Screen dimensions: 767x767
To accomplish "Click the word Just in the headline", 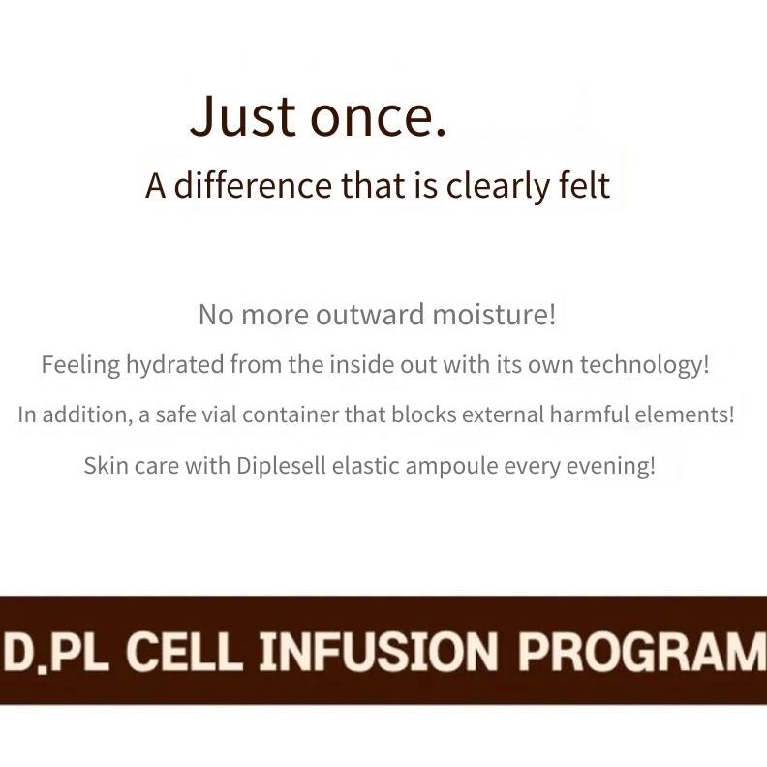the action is (x=243, y=115).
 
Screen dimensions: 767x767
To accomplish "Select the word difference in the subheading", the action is (x=253, y=185).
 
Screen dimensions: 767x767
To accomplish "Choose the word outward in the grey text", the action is (x=370, y=315).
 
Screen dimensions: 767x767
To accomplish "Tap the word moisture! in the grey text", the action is (x=494, y=314).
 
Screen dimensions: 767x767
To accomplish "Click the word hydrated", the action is (x=175, y=365).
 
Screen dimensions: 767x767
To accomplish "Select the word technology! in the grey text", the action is (x=644, y=365).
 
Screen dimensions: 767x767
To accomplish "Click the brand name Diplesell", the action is (x=281, y=466).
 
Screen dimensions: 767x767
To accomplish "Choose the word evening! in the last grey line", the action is (x=610, y=466).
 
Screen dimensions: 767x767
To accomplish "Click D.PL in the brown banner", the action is (x=54, y=652).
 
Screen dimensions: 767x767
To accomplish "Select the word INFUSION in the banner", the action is (x=378, y=652).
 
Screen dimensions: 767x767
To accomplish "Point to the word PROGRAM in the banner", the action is (x=642, y=652).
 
